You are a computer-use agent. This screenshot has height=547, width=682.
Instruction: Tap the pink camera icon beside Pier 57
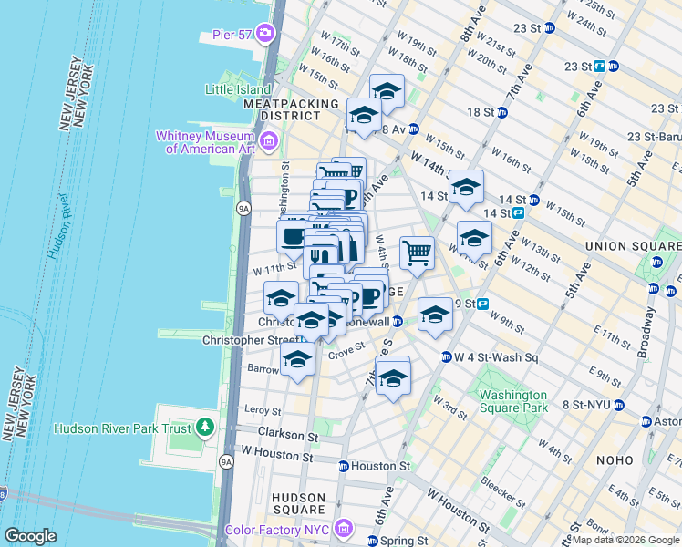coord(265,35)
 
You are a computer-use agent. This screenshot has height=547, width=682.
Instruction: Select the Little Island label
coord(238,89)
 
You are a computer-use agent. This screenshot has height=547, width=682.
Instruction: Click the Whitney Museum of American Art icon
coord(269,141)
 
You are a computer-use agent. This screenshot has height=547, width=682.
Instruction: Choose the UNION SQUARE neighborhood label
coord(631,246)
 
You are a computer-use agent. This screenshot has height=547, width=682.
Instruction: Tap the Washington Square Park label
coord(513,401)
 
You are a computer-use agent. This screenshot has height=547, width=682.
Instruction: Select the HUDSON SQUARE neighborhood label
coord(299,502)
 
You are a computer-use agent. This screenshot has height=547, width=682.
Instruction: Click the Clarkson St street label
coord(286,432)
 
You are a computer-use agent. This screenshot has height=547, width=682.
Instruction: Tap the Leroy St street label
coord(263,411)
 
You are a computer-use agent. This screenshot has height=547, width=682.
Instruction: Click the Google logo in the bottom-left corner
coord(31,536)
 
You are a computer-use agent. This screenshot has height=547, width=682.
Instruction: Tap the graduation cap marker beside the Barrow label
coord(298,359)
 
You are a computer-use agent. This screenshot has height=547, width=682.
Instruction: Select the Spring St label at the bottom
coord(398,540)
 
